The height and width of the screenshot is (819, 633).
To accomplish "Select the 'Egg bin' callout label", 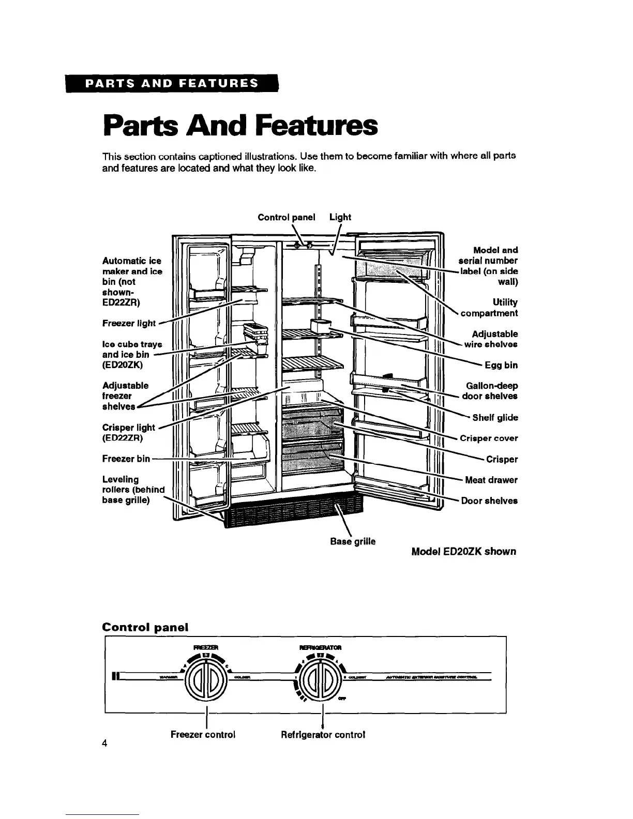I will pyautogui.click(x=501, y=366).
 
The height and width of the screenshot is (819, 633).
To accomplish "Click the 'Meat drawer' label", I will pyautogui.click(x=491, y=480).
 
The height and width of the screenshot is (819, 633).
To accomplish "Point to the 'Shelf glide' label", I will pyautogui.click(x=495, y=418).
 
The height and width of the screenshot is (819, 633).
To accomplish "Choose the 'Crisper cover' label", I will pyautogui.click(x=489, y=438).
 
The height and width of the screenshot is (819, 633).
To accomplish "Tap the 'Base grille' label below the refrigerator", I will pyautogui.click(x=353, y=541).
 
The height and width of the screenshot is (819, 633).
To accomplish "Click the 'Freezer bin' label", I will pyautogui.click(x=126, y=459).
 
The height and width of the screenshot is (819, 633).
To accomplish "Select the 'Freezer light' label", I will pyautogui.click(x=129, y=323).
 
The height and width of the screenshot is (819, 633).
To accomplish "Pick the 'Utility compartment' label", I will pyautogui.click(x=489, y=308).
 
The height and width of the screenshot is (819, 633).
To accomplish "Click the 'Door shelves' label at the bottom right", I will pyautogui.click(x=489, y=501).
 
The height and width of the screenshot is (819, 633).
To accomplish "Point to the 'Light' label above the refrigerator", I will pyautogui.click(x=340, y=217).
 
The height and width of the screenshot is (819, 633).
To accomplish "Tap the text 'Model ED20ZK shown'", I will pyautogui.click(x=463, y=552).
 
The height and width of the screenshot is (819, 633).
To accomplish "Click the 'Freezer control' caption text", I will pyautogui.click(x=203, y=734).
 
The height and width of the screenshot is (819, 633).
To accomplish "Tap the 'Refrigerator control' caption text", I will pyautogui.click(x=323, y=734).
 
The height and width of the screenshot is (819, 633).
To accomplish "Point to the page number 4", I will pyautogui.click(x=105, y=744).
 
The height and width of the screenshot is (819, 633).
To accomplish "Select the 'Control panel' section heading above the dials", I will pyautogui.click(x=145, y=627).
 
